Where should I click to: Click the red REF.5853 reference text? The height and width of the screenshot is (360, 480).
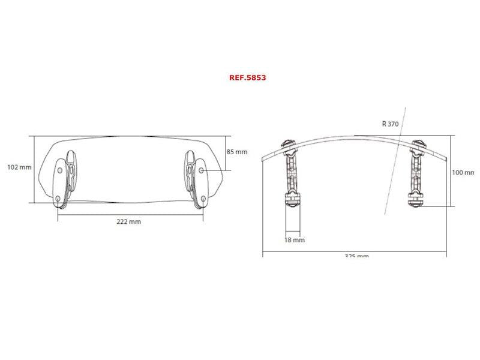247,77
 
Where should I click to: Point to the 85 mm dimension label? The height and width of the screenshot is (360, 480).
236,152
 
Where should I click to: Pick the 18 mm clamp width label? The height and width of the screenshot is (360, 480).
295,239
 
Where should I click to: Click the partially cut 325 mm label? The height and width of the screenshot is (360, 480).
356,256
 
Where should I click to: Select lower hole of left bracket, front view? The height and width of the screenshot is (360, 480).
58,199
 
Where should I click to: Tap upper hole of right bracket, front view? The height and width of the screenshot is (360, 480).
202,170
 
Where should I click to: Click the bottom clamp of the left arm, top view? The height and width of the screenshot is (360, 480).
292,200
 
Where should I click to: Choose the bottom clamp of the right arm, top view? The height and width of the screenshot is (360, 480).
415,200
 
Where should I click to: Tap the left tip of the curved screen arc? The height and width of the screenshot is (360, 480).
265,160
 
